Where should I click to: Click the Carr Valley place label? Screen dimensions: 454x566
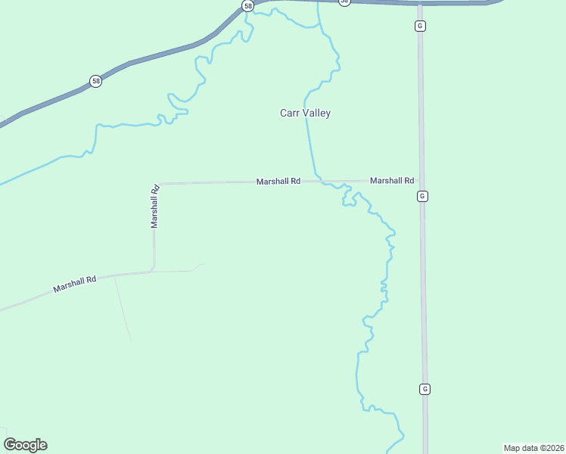pyautogui.click(x=306, y=113)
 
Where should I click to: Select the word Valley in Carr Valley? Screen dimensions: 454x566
pyautogui.click(x=316, y=113)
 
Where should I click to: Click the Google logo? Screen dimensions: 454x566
pyautogui.click(x=25, y=445)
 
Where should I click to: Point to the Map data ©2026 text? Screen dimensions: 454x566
pyautogui.click(x=533, y=447)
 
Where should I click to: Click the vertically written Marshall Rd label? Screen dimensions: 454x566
pyautogui.click(x=154, y=206)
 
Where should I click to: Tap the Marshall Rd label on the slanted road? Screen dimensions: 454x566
pyautogui.click(x=75, y=285)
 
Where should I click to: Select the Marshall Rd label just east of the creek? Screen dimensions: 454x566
pyautogui.click(x=391, y=181)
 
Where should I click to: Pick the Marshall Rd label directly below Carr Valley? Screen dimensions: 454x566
pyautogui.click(x=278, y=182)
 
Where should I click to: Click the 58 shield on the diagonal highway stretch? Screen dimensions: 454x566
pyautogui.click(x=95, y=81)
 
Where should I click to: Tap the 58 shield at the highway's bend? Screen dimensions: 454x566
pyautogui.click(x=248, y=5)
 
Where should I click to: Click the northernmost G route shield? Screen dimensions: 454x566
pyautogui.click(x=420, y=26)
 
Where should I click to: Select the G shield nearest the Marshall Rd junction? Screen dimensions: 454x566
pyautogui.click(x=422, y=196)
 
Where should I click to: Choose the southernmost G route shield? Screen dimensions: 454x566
pyautogui.click(x=424, y=389)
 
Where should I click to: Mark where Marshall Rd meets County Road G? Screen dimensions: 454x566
pyautogui.click(x=421, y=181)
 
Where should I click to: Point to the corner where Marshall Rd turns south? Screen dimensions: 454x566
pyautogui.click(x=156, y=183)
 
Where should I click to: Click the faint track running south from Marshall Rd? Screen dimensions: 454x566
pyautogui.click(x=122, y=306)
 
